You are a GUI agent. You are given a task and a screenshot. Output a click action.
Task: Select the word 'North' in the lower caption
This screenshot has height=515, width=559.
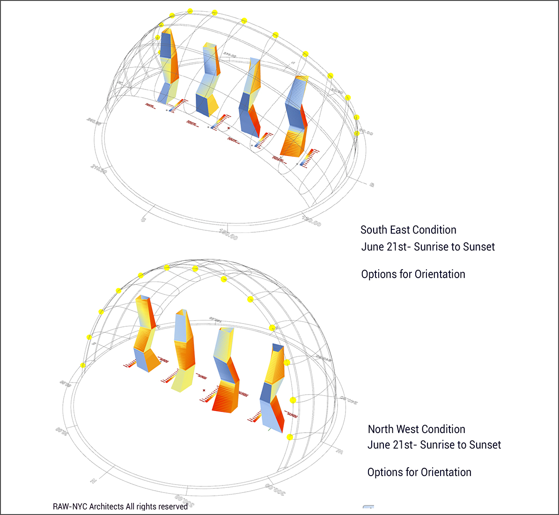(x=382, y=429)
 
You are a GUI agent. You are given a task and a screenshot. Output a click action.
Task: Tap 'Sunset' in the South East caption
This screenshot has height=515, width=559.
(x=479, y=247)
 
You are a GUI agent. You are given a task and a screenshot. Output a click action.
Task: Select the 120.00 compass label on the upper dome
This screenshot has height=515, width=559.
(x=311, y=221)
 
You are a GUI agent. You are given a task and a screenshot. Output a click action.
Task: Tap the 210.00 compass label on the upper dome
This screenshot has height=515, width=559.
(x=99, y=169)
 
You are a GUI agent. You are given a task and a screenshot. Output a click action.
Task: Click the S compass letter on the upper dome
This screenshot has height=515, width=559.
(x=143, y=219)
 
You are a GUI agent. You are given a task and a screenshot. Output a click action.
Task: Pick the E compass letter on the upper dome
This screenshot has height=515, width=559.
(x=372, y=185)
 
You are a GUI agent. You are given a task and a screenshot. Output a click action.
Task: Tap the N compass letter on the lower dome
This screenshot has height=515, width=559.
(x=94, y=481)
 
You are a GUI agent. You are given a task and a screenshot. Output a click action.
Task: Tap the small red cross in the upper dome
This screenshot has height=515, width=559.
(x=228, y=128)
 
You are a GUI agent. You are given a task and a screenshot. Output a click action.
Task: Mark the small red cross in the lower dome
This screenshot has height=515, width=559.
(x=204, y=390)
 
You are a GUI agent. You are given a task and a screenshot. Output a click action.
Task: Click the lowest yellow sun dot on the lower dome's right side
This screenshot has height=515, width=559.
(x=290, y=437)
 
